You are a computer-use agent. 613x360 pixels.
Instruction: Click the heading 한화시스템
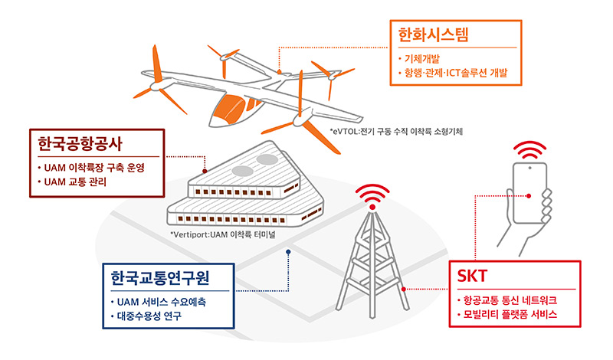tap(433, 34)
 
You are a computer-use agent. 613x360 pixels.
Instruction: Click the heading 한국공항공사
tap(80, 143)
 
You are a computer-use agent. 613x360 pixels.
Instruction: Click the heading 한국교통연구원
tap(160, 277)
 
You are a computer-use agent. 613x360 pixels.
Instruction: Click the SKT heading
tap(472, 276)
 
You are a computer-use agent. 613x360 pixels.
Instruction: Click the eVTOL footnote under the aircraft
tap(396, 131)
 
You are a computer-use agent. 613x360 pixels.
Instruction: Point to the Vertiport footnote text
tap(223, 234)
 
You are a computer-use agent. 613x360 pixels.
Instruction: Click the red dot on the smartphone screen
tap(529, 196)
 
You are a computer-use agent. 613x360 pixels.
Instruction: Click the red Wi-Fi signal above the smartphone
tap(529, 149)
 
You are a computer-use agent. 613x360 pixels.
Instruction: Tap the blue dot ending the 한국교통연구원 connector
tap(288, 252)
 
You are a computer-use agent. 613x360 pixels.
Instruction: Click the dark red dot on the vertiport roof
tap(205, 171)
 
